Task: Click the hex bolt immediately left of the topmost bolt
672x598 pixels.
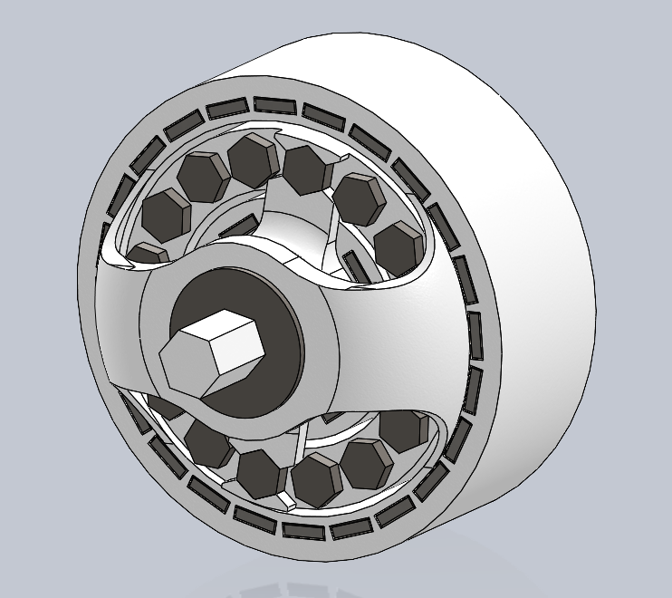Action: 203,175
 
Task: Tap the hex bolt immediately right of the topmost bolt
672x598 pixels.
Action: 308,168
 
